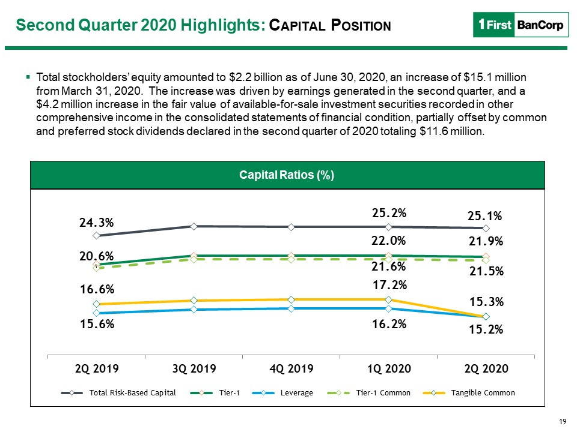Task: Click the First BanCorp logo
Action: tap(521, 25)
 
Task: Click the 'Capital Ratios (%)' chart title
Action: tap(287, 175)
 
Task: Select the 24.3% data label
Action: tap(96, 223)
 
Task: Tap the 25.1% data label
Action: tap(484, 216)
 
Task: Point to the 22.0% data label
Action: tap(389, 241)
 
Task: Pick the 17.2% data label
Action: tap(389, 284)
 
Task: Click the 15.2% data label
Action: tap(486, 329)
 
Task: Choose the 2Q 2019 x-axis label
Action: tap(97, 368)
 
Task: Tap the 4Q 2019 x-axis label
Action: tap(292, 368)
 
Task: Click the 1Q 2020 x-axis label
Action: tap(389, 368)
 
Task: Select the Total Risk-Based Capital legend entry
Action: tap(118, 392)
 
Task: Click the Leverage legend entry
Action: tap(282, 392)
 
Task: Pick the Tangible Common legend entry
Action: tap(469, 392)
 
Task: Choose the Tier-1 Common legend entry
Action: tap(368, 392)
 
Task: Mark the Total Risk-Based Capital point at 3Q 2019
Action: tap(194, 226)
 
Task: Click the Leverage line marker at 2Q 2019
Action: tap(96, 313)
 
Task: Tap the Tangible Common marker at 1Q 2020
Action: tap(389, 300)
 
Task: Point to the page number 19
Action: tap(563, 422)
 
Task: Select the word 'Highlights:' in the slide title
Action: tap(224, 25)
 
